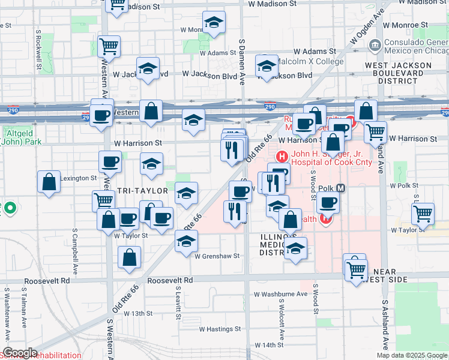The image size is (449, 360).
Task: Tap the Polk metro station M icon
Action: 341,188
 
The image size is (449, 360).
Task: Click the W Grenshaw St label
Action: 217,256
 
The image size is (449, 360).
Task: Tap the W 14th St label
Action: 268,345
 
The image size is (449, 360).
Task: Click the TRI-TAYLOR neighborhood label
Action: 140,190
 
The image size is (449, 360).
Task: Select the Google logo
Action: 20,353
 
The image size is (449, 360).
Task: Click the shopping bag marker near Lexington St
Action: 49,182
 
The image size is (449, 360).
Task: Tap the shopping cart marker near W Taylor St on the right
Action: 423,214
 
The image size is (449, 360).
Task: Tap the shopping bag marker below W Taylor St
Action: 130,259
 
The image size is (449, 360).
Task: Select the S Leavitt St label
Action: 178,303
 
